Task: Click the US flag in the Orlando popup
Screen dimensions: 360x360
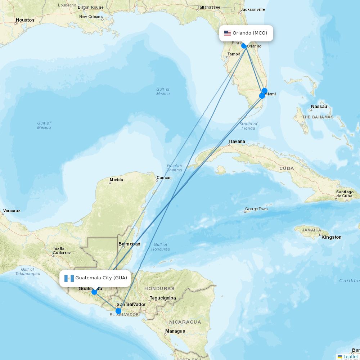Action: pyautogui.click(x=227, y=33)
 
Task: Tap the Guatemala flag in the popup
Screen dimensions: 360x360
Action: pyautogui.click(x=69, y=278)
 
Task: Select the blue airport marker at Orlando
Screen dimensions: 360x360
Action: pyautogui.click(x=244, y=46)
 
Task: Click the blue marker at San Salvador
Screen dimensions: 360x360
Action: pyautogui.click(x=118, y=311)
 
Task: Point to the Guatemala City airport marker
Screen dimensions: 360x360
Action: pyautogui.click(x=94, y=292)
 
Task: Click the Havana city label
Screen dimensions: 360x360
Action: pyautogui.click(x=237, y=141)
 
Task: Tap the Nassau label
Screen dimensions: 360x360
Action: pyautogui.click(x=319, y=107)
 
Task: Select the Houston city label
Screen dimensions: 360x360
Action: pyautogui.click(x=25, y=20)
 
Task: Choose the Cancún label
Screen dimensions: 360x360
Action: pyautogui.click(x=164, y=177)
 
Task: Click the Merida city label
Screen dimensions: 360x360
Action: pyautogui.click(x=116, y=180)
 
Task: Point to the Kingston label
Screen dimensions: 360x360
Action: pyautogui.click(x=331, y=237)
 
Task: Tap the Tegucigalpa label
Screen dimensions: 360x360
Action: pyautogui.click(x=163, y=298)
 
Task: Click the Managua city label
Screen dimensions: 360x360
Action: pyautogui.click(x=175, y=331)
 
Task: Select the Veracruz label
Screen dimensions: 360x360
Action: pyautogui.click(x=12, y=211)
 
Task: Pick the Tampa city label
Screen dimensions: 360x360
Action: pyautogui.click(x=234, y=54)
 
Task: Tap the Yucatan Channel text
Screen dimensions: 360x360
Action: pyautogui.click(x=174, y=168)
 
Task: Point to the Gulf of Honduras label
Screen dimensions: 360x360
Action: pyautogui.click(x=160, y=247)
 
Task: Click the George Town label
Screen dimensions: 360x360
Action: pyautogui.click(x=256, y=209)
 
